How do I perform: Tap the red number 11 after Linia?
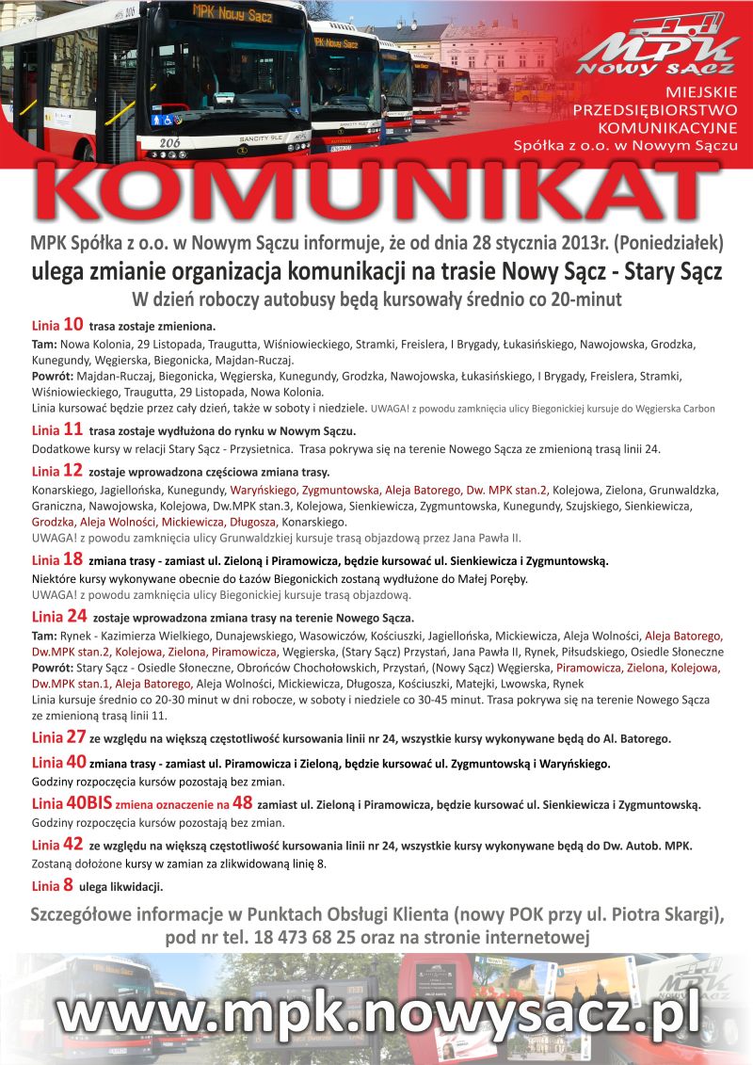click(72, 429)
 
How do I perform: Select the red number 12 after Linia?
click(73, 470)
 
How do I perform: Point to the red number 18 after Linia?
click(73, 559)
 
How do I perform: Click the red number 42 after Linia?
click(74, 845)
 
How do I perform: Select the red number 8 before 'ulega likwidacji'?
click(68, 885)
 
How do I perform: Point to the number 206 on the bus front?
click(169, 143)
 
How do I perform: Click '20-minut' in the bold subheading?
click(583, 300)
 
